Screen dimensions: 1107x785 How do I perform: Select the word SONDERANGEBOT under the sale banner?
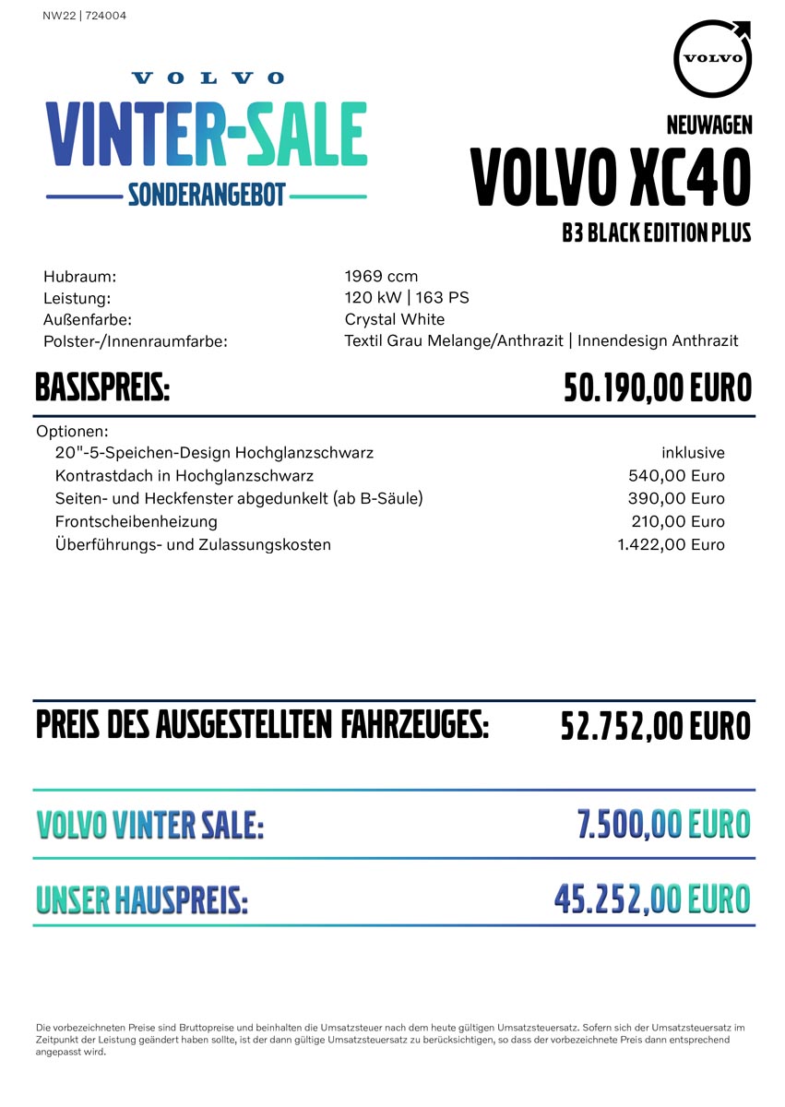pos(207,196)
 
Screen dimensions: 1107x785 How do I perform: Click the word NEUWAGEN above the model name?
pos(709,125)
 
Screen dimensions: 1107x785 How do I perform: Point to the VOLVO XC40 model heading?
pos(611,177)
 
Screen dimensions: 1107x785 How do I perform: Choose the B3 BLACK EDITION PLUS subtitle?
pos(657,232)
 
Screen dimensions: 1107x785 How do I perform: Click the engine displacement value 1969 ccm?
pos(381,276)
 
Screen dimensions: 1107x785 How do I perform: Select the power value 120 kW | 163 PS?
pos(407,297)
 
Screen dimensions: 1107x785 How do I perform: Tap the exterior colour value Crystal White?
pos(395,319)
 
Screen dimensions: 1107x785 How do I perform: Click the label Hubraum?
pos(79,276)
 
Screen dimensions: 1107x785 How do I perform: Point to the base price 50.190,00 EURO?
pos(658,388)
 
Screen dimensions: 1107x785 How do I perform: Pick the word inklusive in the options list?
pos(693,453)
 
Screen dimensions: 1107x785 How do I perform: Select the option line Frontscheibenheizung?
pos(137,521)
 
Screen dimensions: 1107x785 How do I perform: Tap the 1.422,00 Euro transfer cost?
pos(671,544)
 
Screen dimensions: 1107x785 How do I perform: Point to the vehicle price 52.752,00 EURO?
pos(656,726)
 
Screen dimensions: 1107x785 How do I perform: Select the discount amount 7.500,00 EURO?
pos(663,824)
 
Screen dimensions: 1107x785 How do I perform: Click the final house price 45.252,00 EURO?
pos(652,898)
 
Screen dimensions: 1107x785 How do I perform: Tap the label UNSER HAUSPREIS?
pos(142,899)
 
